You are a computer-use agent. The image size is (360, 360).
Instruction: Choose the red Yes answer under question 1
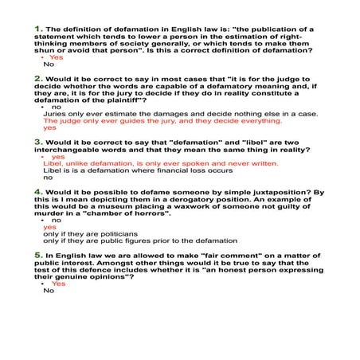coord(57,58)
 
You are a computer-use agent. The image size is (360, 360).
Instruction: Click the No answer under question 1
coord(49,65)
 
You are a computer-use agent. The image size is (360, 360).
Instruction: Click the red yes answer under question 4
coord(49,227)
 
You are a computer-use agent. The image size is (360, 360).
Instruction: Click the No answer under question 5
coord(49,291)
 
